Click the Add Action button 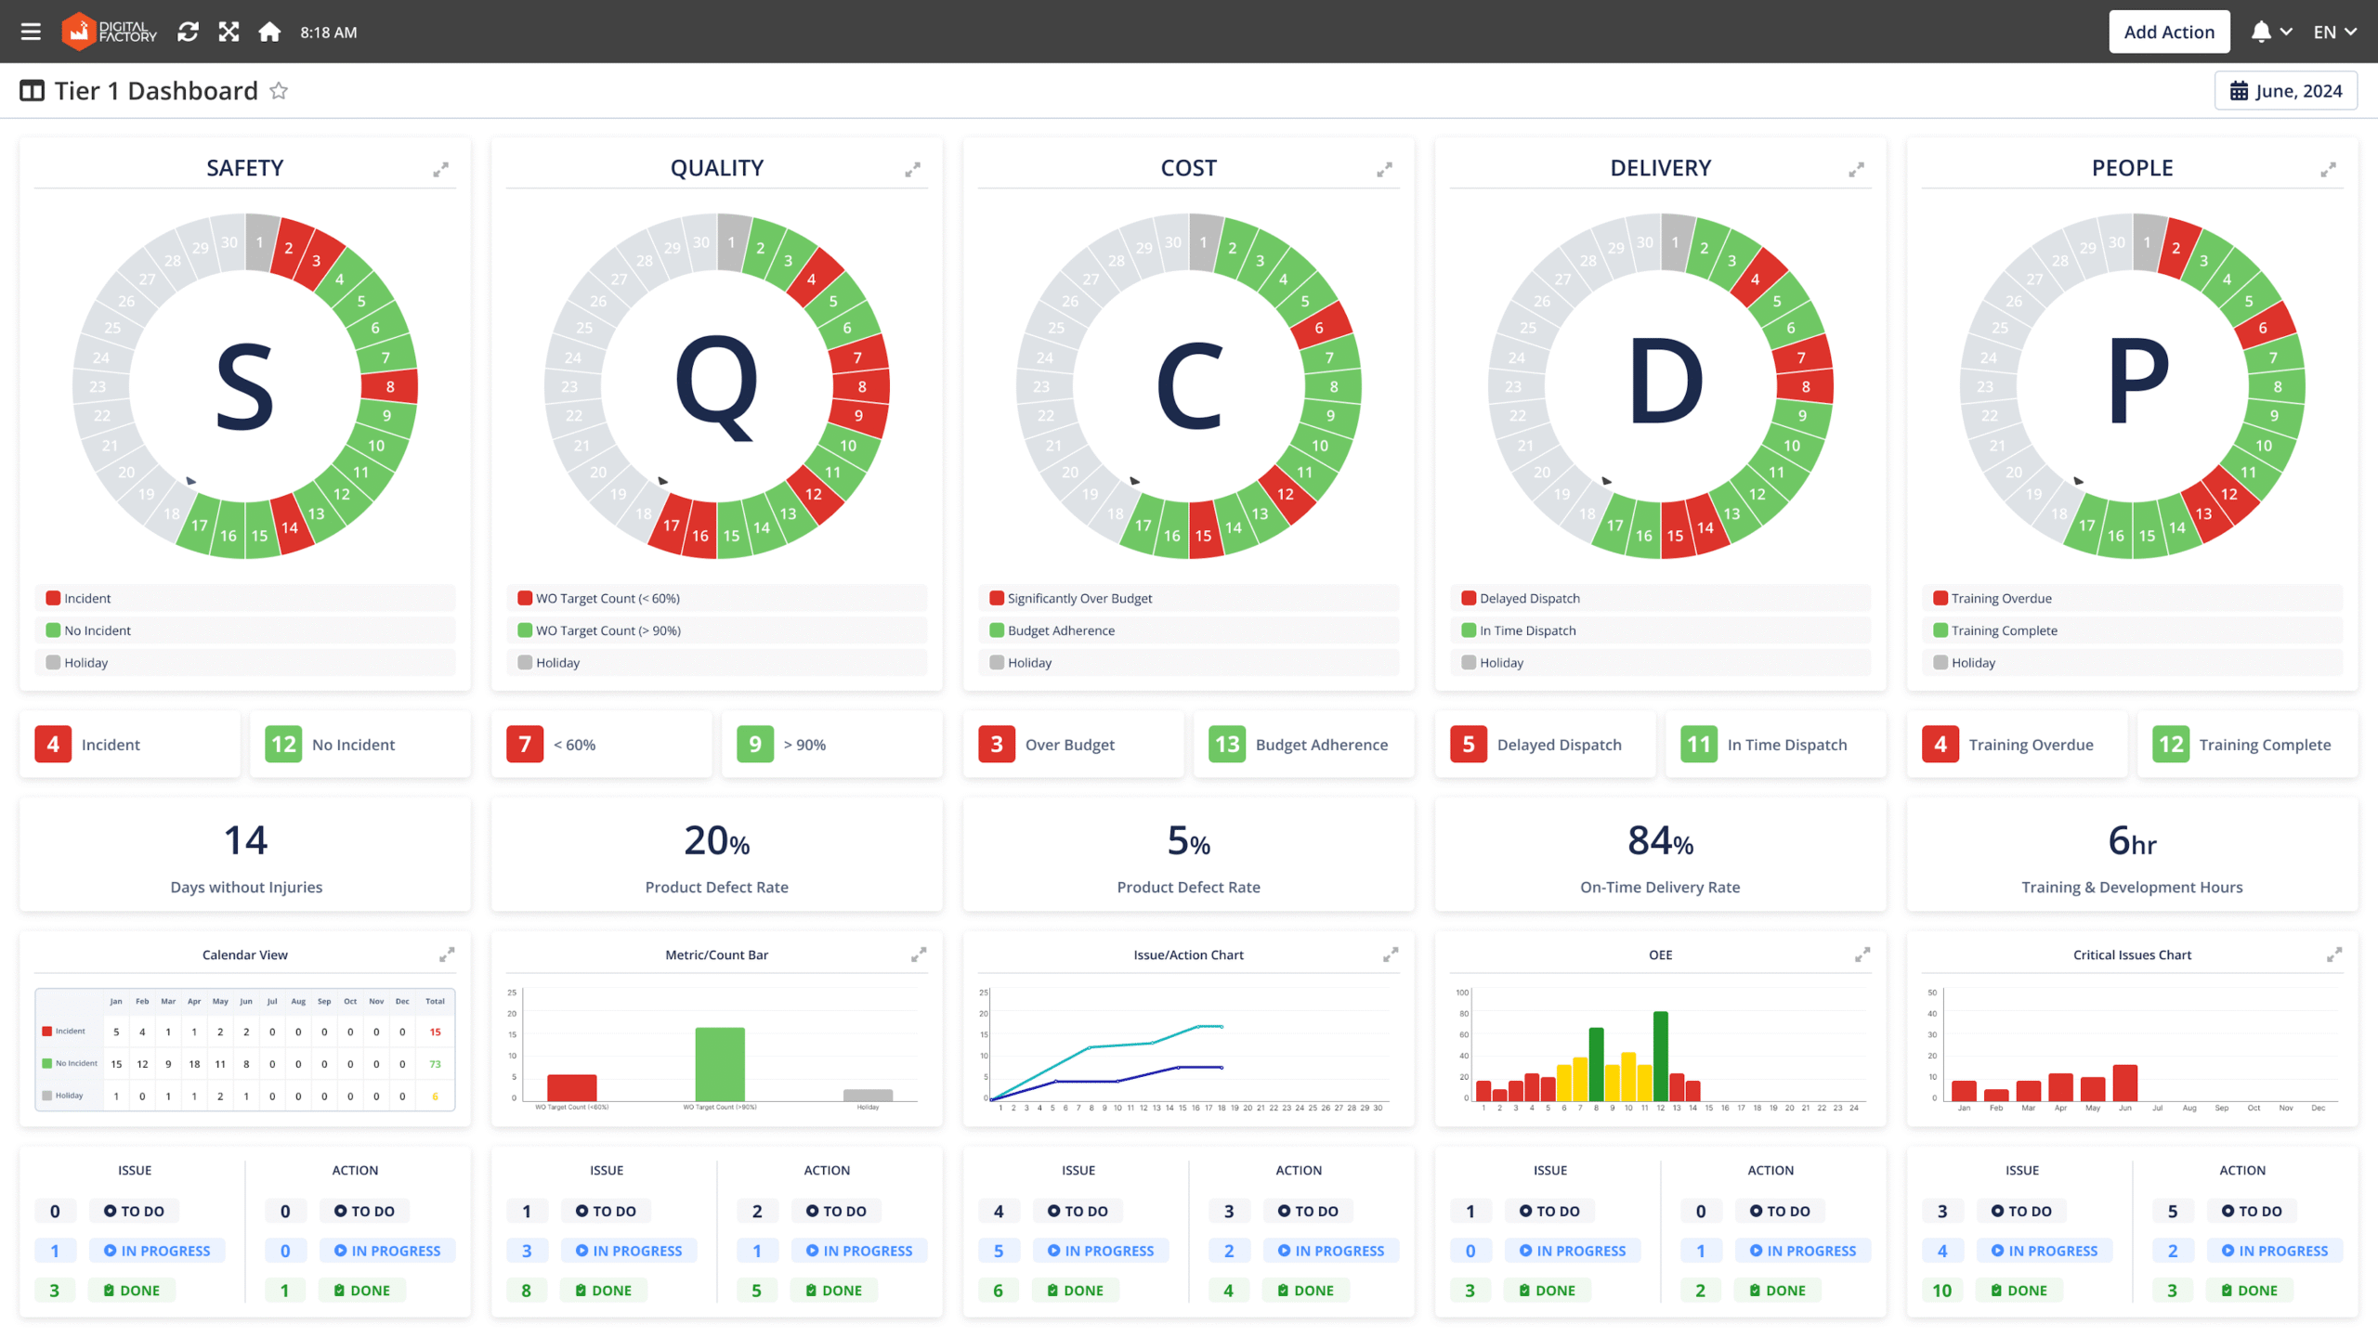coord(2168,32)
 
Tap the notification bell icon coord(2261,32)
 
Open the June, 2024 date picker coord(2285,91)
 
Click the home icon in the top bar coord(269,32)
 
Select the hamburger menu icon coord(31,32)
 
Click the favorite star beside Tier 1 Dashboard coord(279,91)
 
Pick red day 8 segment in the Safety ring coord(390,386)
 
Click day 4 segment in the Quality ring coord(812,279)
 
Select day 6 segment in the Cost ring coord(1319,327)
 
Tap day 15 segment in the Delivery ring coord(1675,535)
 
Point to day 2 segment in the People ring coord(2176,248)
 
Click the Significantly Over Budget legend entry coord(1079,599)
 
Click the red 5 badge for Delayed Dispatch coord(1469,745)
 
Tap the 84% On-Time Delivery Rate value coord(1660,841)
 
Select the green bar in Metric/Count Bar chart coord(720,1063)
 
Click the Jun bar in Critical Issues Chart coord(2125,1083)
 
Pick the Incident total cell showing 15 coord(435,1032)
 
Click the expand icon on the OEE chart coord(1862,954)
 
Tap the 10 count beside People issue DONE coord(1941,1291)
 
